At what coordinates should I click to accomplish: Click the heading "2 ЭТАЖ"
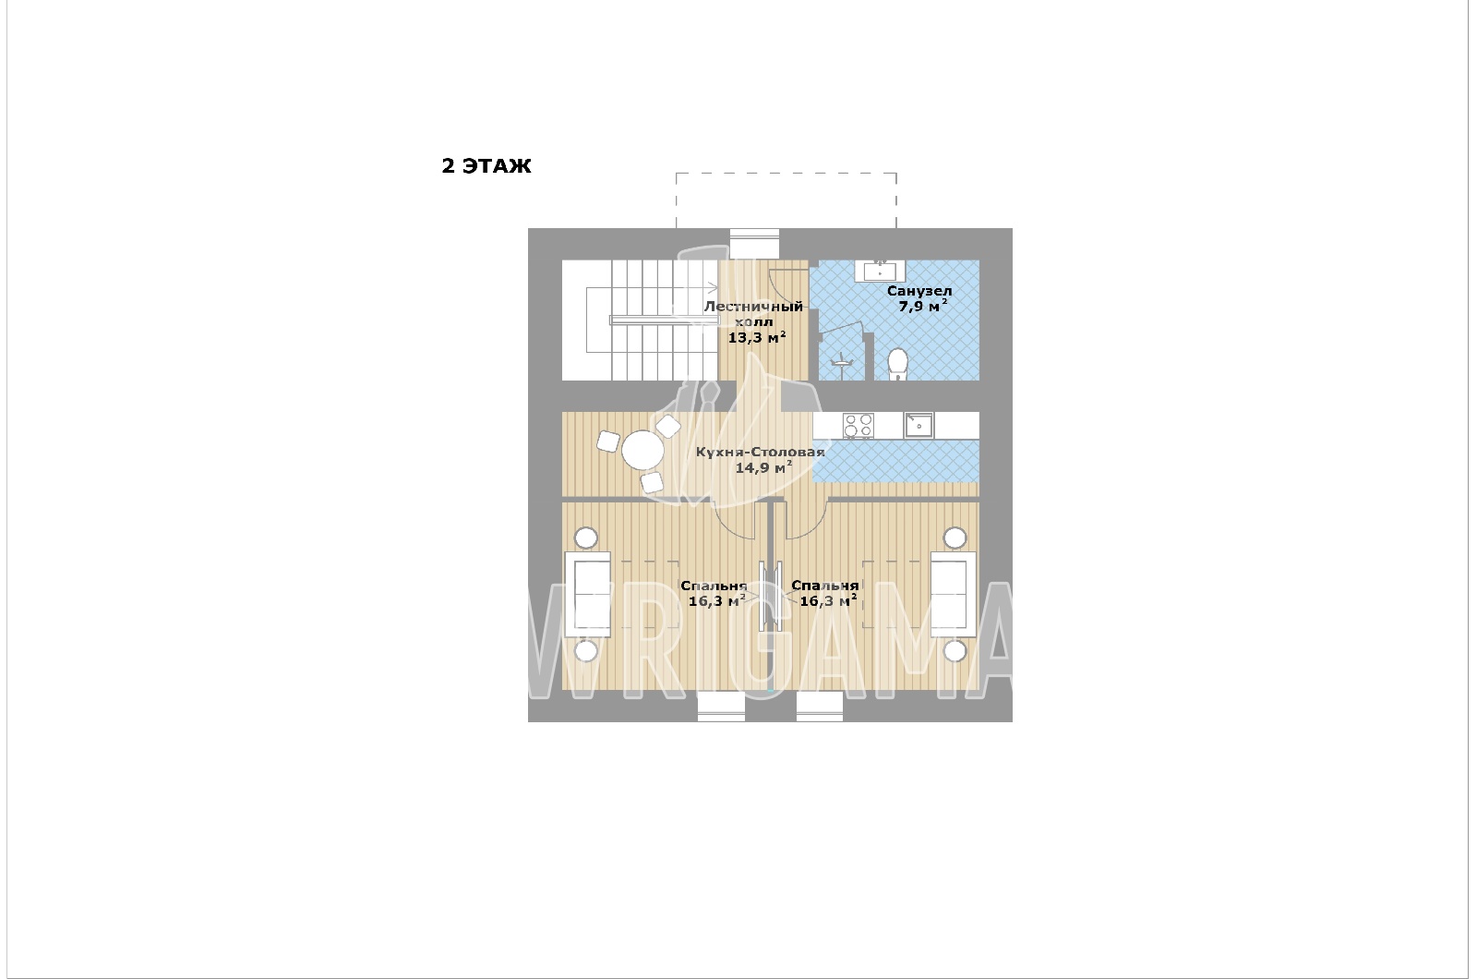[x=486, y=165]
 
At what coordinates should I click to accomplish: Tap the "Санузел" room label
[x=919, y=291]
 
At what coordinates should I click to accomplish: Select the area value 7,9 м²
[x=923, y=306]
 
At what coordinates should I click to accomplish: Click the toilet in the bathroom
[x=896, y=364]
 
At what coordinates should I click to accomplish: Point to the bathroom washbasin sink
[x=881, y=272]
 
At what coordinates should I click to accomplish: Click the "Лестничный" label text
[x=753, y=306]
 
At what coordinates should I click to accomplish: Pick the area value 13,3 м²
[x=756, y=337]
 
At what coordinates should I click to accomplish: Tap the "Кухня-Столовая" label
[x=761, y=452]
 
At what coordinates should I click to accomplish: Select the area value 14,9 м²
[x=763, y=467]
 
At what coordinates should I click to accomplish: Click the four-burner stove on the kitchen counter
[x=858, y=426]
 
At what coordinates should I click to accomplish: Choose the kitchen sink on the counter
[x=919, y=426]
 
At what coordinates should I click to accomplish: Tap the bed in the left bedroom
[x=587, y=595]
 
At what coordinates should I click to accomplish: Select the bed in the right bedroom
[x=953, y=595]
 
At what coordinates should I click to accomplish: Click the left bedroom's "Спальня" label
[x=714, y=586]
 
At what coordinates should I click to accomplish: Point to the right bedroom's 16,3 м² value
[x=828, y=600]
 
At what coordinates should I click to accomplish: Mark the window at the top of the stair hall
[x=754, y=244]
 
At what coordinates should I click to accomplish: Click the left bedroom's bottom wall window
[x=721, y=707]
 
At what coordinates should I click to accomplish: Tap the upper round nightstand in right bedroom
[x=955, y=538]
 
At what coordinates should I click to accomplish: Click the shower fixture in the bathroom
[x=842, y=360]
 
